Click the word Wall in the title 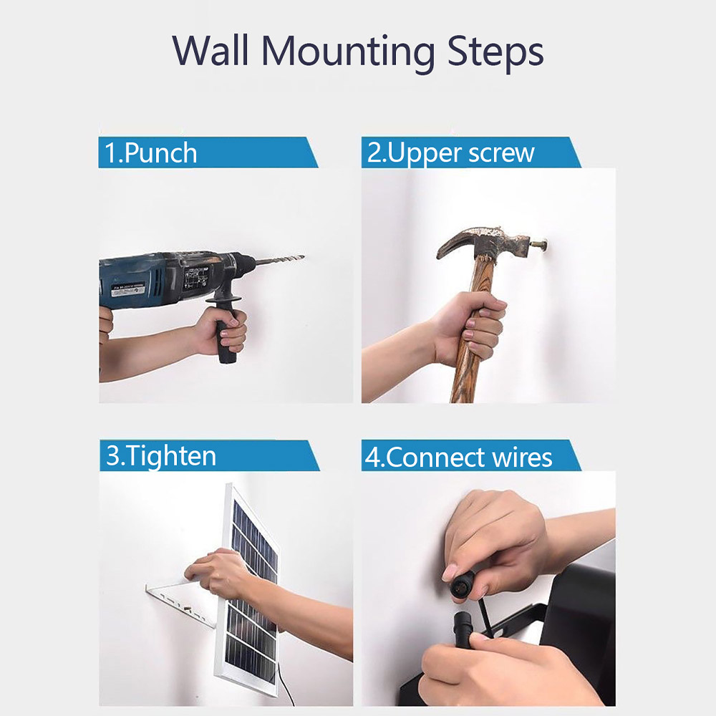[211, 50]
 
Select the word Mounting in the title [347, 53]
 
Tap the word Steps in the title [495, 52]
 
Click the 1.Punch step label [150, 153]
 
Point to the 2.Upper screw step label [450, 153]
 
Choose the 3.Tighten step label [160, 455]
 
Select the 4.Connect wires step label [458, 457]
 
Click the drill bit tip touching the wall [303, 256]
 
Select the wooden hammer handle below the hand [463, 379]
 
